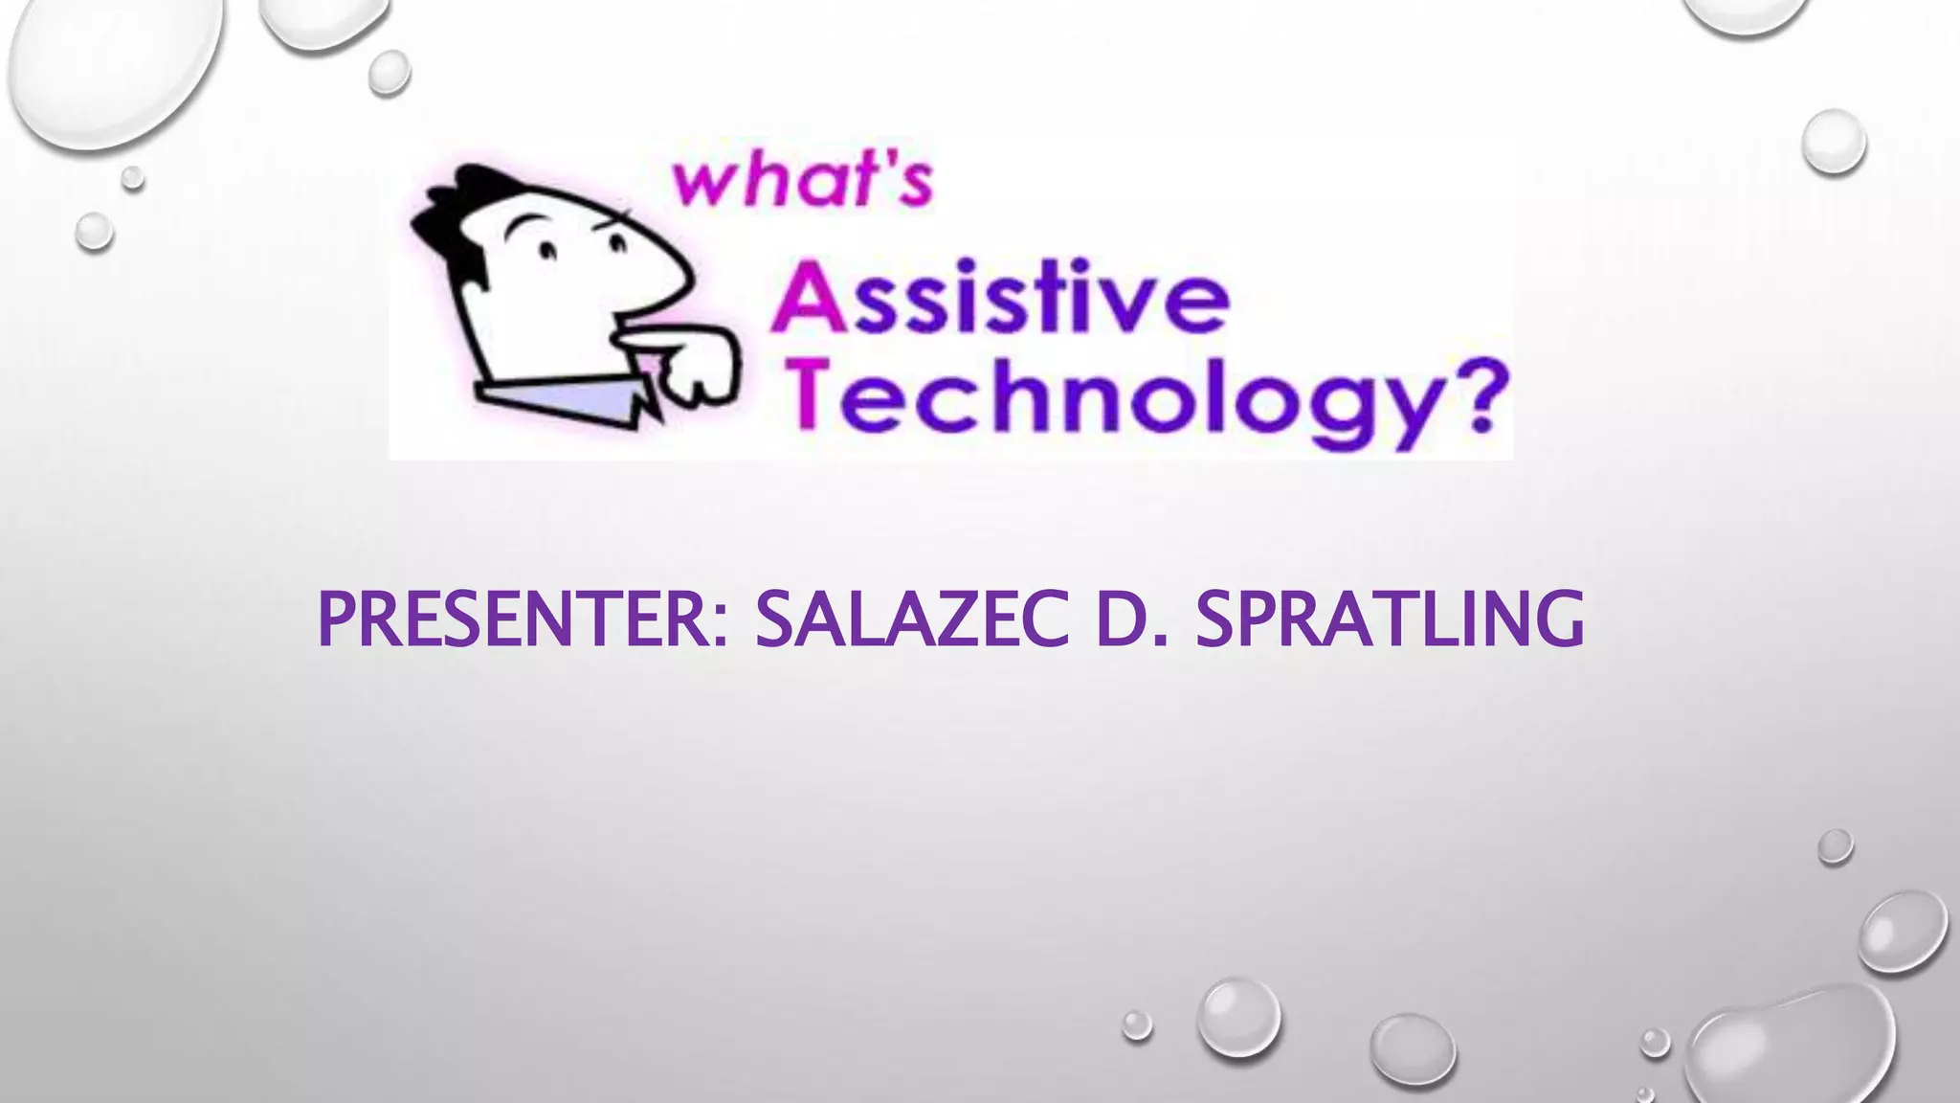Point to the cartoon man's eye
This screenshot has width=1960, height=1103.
coord(547,251)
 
